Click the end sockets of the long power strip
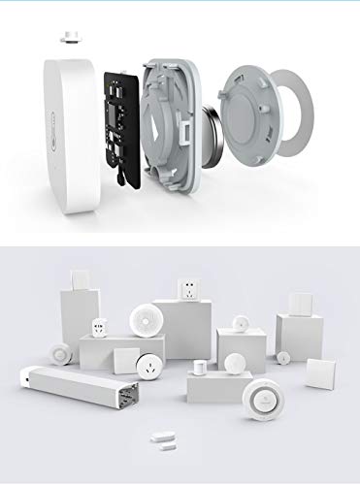[x=127, y=398]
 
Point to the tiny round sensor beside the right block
[x=283, y=357]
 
